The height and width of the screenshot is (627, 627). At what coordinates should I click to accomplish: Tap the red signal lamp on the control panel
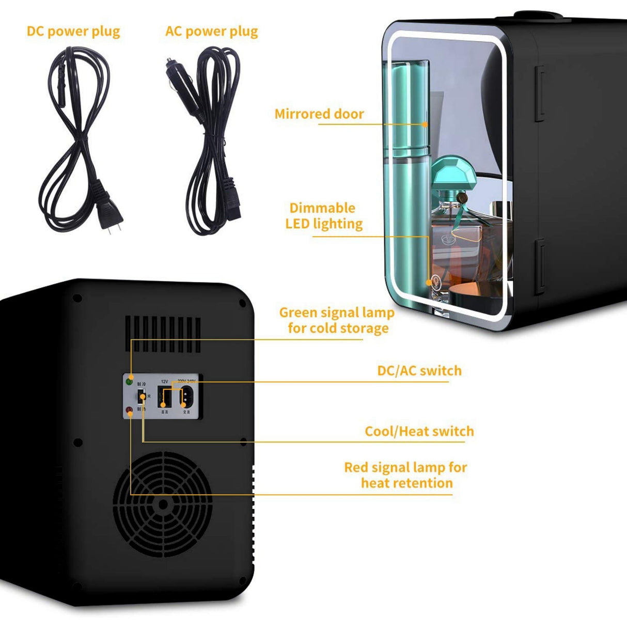tap(129, 411)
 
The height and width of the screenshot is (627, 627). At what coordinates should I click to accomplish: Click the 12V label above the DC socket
tap(164, 382)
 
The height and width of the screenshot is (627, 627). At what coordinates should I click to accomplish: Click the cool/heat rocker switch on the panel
tap(140, 396)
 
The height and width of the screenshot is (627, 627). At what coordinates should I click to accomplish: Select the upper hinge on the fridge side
tap(539, 93)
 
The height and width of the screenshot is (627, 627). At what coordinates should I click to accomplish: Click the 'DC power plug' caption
tap(73, 32)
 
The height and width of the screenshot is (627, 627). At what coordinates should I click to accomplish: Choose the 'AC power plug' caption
tap(212, 32)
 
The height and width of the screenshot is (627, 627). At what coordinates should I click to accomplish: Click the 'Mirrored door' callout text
tap(319, 114)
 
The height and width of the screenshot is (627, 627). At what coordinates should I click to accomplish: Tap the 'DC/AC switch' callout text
tap(419, 370)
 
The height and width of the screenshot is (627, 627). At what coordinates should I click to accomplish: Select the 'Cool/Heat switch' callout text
tap(419, 431)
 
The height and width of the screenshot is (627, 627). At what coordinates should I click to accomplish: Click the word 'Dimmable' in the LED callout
tap(322, 208)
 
